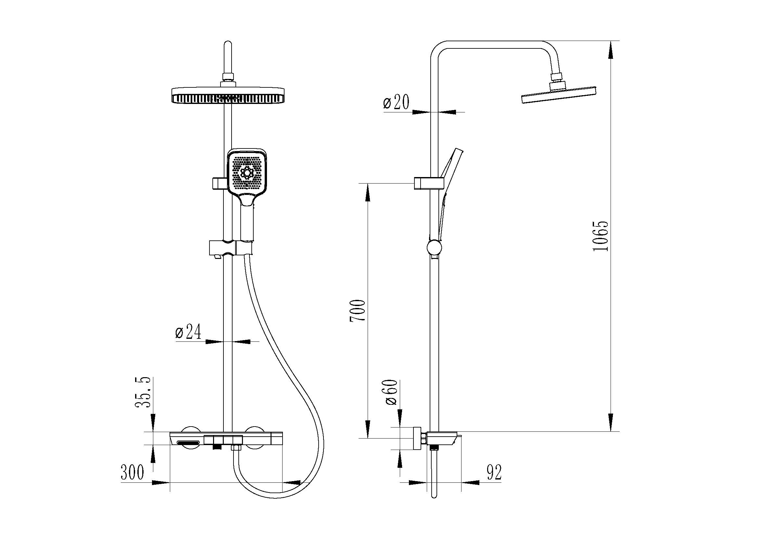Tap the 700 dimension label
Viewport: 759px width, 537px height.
357,311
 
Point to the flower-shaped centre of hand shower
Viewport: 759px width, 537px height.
246,173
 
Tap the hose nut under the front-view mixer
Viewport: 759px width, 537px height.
236,448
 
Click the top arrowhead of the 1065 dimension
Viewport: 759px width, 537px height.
611,50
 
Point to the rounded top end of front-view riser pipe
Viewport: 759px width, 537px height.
228,44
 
